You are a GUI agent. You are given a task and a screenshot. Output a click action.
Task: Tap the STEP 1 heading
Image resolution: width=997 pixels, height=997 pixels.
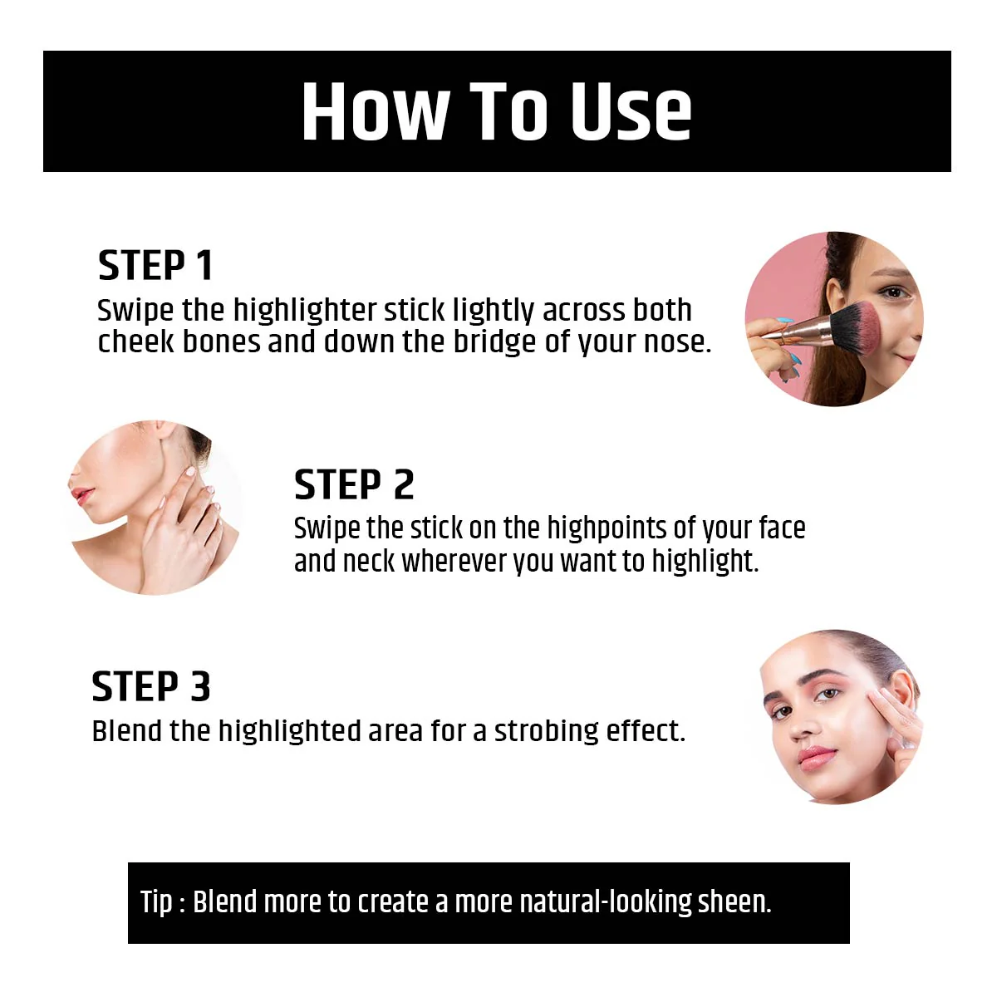[155, 265]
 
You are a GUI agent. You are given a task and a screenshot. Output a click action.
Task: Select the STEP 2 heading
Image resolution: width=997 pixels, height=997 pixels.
[355, 484]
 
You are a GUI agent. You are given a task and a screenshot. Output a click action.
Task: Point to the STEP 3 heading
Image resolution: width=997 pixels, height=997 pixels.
[151, 686]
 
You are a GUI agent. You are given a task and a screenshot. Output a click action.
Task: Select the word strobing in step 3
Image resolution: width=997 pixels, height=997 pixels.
[547, 731]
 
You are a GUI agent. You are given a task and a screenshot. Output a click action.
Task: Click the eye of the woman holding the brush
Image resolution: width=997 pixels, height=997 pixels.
[894, 292]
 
